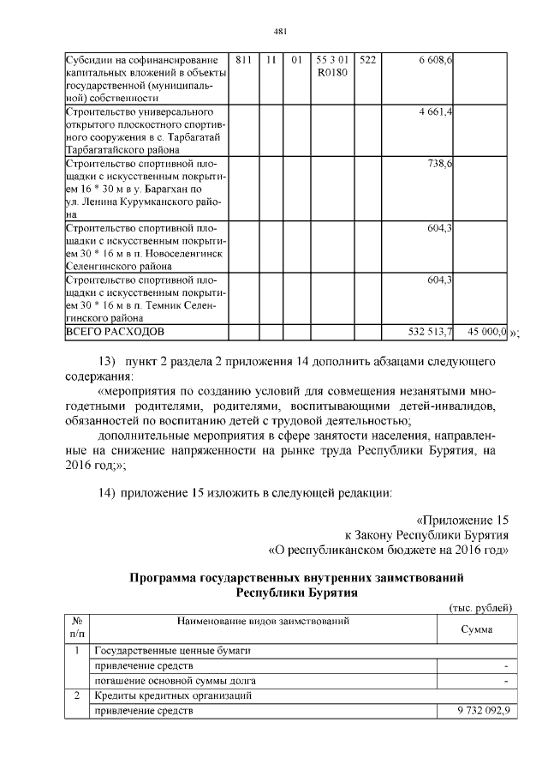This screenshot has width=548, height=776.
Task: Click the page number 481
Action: point(279,32)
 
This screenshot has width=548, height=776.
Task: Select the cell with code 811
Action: point(243,60)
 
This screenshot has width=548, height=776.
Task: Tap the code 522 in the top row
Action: point(368,60)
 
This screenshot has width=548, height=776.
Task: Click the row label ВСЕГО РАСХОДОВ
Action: point(116,330)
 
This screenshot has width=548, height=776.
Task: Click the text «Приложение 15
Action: point(462,520)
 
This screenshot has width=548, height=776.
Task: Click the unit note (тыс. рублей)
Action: point(480,607)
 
